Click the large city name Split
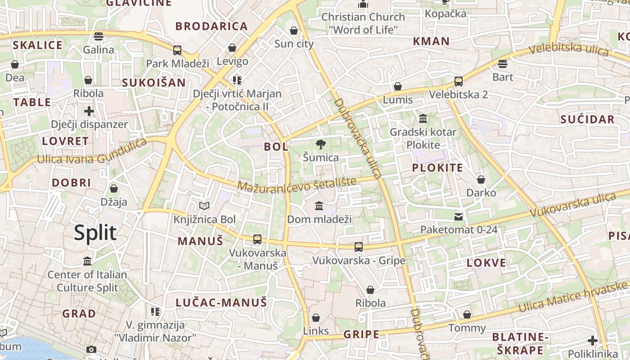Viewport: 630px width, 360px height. pos(95,233)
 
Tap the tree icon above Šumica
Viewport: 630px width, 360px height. pos(320,144)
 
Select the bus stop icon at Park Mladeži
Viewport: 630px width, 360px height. pos(177,50)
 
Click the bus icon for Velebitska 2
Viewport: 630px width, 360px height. pos(458,81)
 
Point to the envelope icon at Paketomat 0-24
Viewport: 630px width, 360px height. pos(458,217)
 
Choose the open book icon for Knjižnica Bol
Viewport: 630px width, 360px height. pos(204,206)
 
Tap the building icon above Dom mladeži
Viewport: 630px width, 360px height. pos(319,206)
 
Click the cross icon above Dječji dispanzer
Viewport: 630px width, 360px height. pos(89,111)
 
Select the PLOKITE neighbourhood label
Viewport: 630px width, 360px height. pos(437,168)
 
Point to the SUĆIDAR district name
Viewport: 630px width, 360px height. pos(587,119)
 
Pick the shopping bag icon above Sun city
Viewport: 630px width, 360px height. pos(294,31)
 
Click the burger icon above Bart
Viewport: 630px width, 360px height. pos(503,64)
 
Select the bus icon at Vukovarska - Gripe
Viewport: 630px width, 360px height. pos(358,247)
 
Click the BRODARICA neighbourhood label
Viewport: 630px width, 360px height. pos(211,26)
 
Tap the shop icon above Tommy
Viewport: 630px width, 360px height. pos(467,315)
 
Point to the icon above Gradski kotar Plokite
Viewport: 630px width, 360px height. pos(423,119)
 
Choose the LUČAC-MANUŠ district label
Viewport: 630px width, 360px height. pos(221,302)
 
